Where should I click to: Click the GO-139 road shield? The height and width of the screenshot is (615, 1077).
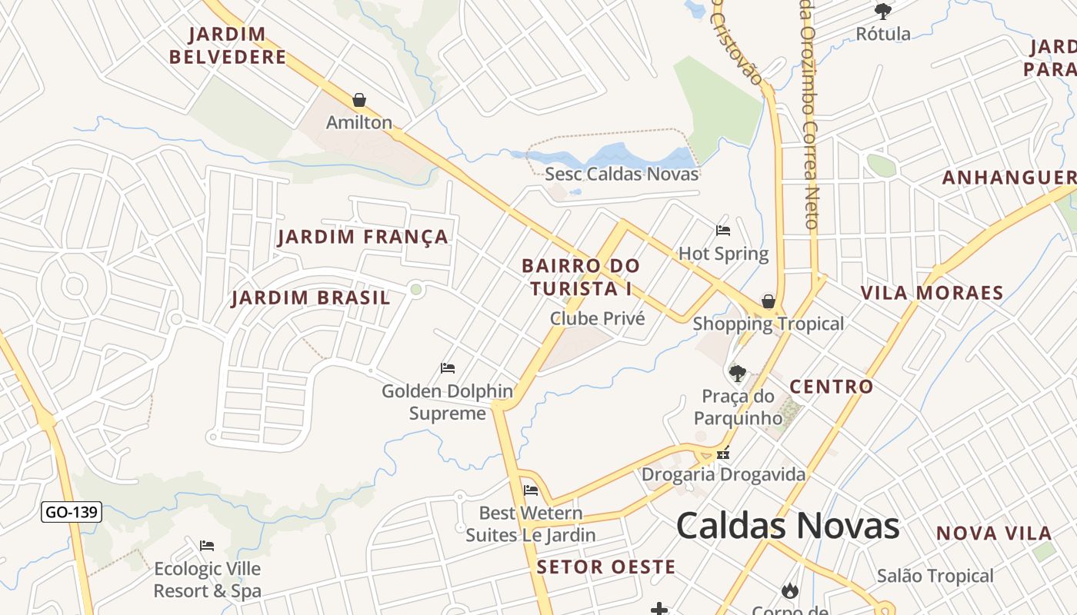[72, 511]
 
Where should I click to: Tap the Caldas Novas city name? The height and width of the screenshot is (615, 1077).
[788, 527]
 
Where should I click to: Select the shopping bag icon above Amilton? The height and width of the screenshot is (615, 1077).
[358, 100]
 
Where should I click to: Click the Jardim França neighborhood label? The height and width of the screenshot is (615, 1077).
[363, 237]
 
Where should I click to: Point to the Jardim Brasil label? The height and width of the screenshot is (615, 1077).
[311, 298]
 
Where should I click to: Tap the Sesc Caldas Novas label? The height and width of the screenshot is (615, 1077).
[622, 174]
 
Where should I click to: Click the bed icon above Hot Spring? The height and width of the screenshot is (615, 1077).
[722, 230]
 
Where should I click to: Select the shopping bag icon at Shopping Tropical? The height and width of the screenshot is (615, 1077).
[768, 301]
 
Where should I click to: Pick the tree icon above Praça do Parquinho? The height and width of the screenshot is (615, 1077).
[738, 374]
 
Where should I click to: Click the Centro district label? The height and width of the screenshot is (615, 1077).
[832, 387]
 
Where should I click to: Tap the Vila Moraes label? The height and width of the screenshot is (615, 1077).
[932, 293]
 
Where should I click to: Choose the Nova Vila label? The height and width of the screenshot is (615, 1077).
[994, 534]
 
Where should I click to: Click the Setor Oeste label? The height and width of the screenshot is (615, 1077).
[606, 567]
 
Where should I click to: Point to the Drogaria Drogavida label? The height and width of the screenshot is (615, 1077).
[723, 474]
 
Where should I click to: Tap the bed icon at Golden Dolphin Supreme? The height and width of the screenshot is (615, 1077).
[448, 368]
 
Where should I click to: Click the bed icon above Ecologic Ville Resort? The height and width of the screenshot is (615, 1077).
[207, 546]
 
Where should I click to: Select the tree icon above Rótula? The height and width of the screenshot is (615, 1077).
[882, 11]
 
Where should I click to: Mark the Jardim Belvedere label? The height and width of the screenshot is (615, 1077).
[228, 45]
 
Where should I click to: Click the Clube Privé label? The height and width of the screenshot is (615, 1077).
[597, 318]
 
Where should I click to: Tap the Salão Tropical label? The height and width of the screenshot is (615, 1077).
[935, 576]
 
